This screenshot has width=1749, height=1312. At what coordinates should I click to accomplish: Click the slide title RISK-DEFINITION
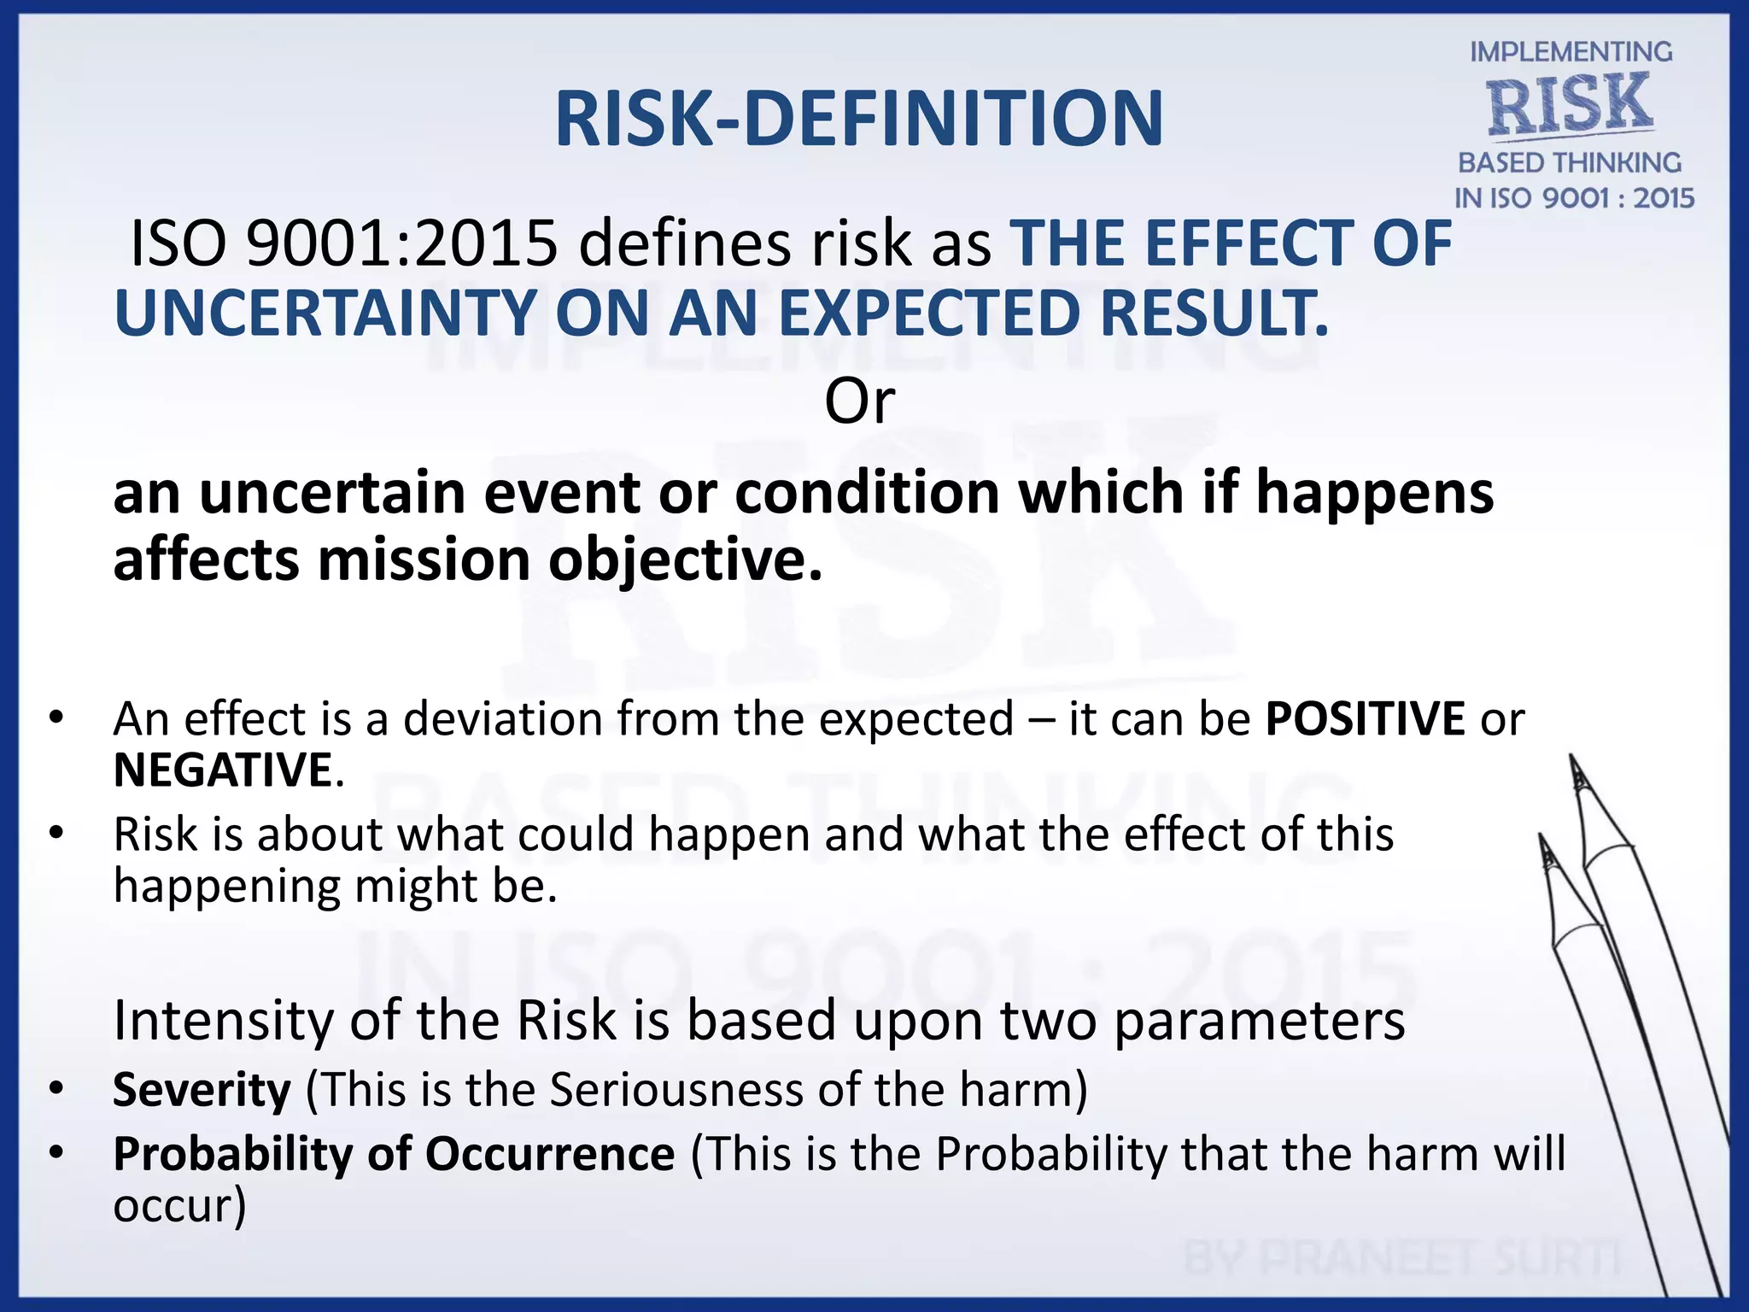click(858, 120)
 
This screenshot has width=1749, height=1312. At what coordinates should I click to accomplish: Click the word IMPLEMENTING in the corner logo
click(1571, 52)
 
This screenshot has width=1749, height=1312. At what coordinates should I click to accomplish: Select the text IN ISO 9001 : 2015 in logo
click(1574, 198)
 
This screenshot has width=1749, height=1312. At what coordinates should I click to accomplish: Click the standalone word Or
click(859, 401)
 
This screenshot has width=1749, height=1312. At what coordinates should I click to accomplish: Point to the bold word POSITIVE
click(1365, 718)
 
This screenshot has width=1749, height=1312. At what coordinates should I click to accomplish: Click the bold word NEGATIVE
click(223, 770)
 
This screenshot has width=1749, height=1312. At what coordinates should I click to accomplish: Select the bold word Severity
click(202, 1090)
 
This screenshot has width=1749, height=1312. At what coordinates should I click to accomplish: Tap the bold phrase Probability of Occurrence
click(394, 1154)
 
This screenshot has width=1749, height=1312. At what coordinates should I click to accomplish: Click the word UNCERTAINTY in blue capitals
click(325, 313)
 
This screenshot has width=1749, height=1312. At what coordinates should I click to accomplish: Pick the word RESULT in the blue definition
click(1213, 313)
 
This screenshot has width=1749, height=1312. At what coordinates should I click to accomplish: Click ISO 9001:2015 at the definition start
click(342, 244)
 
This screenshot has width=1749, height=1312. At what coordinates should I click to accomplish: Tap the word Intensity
click(223, 1020)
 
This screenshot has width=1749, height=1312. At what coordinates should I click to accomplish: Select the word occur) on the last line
click(179, 1205)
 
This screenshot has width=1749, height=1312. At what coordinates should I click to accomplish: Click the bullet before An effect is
click(56, 717)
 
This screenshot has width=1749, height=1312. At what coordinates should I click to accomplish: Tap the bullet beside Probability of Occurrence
click(56, 1153)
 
